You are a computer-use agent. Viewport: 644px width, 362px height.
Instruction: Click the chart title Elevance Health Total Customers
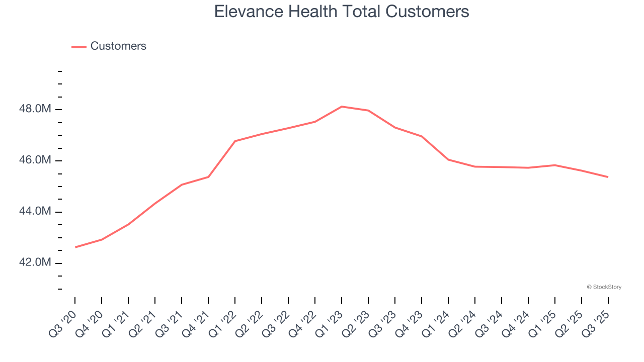[342, 12]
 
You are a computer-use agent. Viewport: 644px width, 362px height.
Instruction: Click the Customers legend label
[118, 46]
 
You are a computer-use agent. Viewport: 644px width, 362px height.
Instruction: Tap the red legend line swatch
[79, 47]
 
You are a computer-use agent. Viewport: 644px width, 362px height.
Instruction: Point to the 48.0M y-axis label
[36, 110]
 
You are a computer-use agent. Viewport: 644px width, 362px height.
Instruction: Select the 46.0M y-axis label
[36, 161]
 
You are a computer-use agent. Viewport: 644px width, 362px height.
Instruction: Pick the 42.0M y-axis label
[36, 263]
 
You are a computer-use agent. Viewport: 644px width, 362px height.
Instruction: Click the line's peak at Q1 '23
[342, 107]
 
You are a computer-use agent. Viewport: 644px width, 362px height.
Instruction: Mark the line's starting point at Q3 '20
[75, 247]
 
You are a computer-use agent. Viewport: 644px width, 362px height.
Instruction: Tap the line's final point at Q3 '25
[608, 177]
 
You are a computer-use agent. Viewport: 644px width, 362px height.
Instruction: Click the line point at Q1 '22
[235, 141]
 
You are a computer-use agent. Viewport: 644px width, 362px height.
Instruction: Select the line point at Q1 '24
[448, 159]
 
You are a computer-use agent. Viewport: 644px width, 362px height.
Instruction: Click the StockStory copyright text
[604, 287]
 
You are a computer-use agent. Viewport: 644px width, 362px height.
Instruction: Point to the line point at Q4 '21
[208, 177]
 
